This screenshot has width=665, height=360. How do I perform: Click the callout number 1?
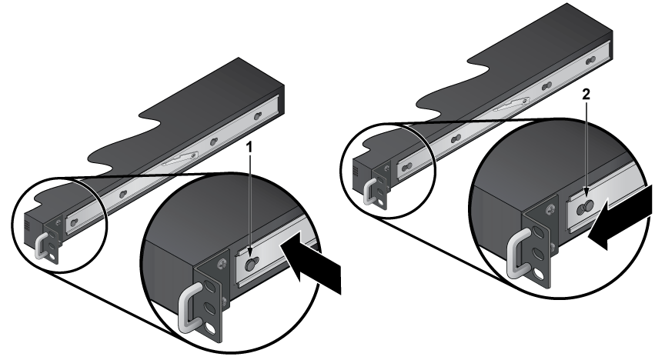pyautogui.click(x=250, y=148)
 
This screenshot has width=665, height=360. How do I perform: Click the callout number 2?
pyautogui.click(x=586, y=95)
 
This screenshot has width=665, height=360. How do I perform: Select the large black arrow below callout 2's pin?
pyautogui.click(x=620, y=217)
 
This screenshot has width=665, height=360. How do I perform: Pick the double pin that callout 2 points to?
pyautogui.click(x=586, y=207)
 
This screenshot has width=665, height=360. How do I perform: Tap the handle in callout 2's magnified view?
pyautogui.click(x=518, y=252)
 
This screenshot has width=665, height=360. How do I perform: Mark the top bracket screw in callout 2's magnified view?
pyautogui.click(x=550, y=209)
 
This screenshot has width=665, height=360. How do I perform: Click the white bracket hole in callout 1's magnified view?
pyautogui.click(x=210, y=328)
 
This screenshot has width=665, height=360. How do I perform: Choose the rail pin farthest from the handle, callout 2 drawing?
pyautogui.click(x=590, y=62)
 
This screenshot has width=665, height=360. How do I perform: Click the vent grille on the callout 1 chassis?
pyautogui.click(x=27, y=225)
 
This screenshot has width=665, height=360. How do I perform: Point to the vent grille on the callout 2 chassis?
pyautogui.click(x=356, y=172)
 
